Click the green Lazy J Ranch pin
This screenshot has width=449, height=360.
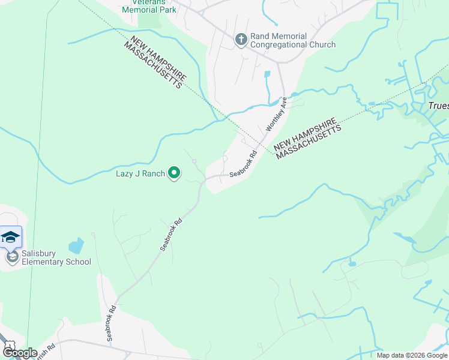[x=174, y=173]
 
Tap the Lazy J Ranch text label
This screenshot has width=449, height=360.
[x=140, y=174]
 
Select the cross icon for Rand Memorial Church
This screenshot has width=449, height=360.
[x=241, y=40]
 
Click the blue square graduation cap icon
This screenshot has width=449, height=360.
[x=10, y=236]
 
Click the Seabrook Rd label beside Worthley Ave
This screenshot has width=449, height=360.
[x=243, y=163]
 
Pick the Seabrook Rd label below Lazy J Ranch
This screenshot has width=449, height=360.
[x=171, y=234]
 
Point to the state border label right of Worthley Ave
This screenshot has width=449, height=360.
[x=307, y=139]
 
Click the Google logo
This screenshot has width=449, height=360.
[x=20, y=353]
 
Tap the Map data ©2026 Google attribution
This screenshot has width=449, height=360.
[x=411, y=355]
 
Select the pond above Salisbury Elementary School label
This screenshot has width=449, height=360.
[x=76, y=246]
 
